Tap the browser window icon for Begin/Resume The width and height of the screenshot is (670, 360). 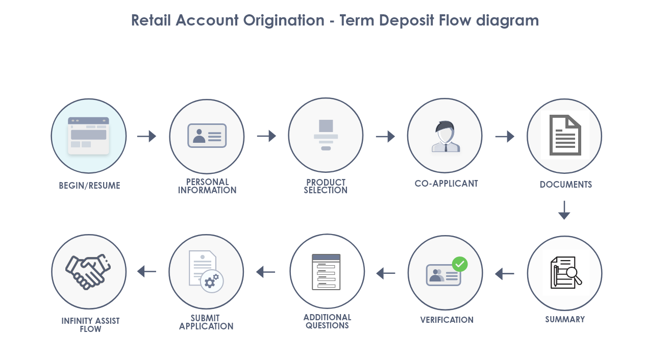click(89, 136)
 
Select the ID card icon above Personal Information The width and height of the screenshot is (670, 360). click(207, 136)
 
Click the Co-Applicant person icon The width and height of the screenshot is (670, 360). click(445, 136)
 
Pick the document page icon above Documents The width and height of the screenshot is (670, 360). click(565, 135)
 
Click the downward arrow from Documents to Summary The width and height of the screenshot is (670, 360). click(564, 210)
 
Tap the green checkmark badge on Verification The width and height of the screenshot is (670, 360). click(460, 264)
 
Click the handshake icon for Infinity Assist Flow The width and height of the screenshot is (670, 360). click(88, 272)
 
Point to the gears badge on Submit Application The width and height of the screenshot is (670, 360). click(212, 281)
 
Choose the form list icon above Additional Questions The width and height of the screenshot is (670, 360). click(326, 272)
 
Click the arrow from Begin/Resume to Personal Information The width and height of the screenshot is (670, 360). click(146, 136)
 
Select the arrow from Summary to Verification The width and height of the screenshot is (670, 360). click(505, 274)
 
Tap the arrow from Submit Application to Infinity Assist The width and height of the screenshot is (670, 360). click(146, 271)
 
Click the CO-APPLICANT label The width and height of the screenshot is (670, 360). click(446, 184)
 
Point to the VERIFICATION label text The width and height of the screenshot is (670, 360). click(447, 320)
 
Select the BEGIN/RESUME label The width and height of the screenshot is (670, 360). click(89, 186)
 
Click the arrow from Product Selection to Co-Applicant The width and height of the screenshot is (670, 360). click(386, 136)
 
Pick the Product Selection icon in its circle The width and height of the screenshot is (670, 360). click(326, 135)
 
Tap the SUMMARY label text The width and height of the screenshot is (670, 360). click(565, 320)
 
